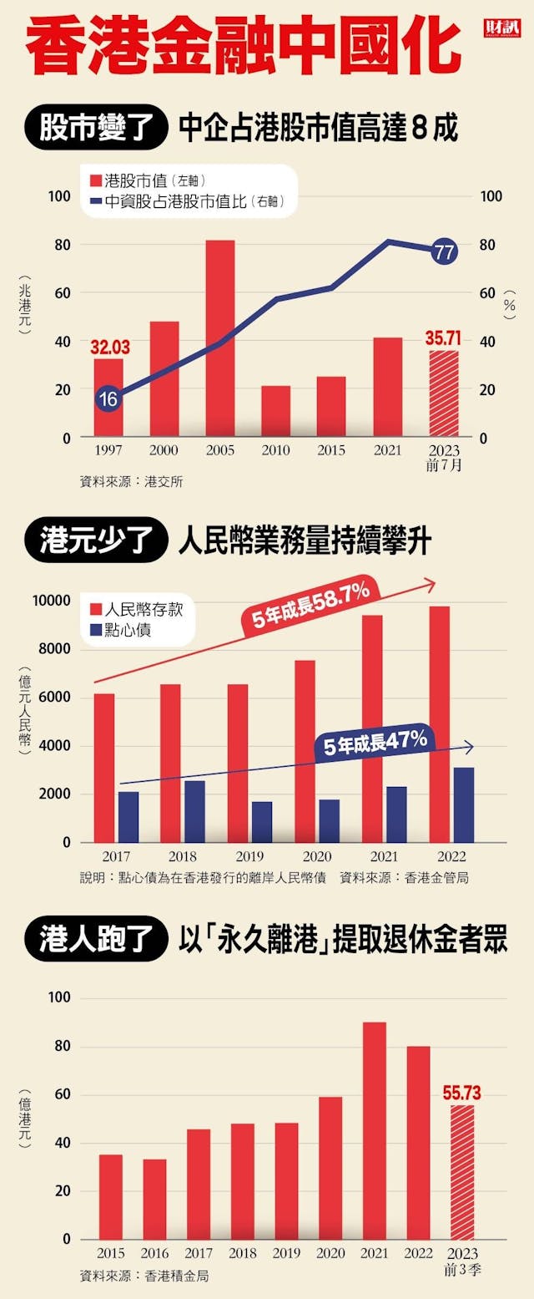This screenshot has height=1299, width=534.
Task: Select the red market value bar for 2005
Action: [220, 337]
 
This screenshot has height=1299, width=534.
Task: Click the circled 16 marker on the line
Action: [108, 399]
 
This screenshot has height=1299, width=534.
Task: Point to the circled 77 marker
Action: [444, 251]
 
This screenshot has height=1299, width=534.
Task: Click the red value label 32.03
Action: [109, 347]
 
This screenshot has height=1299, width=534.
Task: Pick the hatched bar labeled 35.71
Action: [444, 393]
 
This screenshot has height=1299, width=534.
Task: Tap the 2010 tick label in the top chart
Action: [275, 450]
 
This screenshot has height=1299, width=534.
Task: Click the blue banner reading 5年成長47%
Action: [375, 743]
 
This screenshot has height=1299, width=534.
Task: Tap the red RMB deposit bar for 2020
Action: [305, 750]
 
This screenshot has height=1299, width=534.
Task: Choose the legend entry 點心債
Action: [128, 632]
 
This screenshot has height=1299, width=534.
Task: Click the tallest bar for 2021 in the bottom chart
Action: [375, 1130]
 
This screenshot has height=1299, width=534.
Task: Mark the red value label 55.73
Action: [461, 1093]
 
